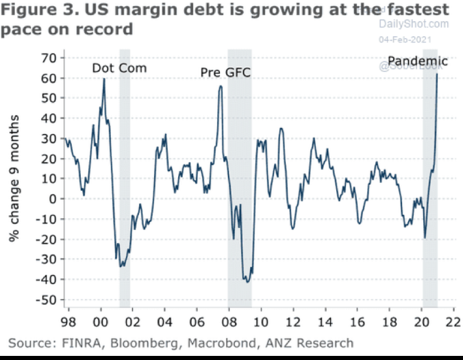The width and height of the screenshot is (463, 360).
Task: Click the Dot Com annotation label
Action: coord(120,68)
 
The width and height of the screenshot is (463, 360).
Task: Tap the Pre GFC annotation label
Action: coord(225,72)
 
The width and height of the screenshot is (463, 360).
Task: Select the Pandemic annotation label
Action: coord(418,62)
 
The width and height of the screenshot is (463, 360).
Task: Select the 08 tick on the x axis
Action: coord(229,320)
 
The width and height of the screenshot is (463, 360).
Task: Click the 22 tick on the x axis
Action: coord(453,320)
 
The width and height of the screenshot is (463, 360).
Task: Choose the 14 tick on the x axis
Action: coord(325,320)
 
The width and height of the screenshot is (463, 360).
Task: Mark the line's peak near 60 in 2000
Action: coord(104,79)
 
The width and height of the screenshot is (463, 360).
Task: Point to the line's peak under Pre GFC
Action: coord(221,86)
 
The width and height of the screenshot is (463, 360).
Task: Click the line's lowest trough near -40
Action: coord(247,281)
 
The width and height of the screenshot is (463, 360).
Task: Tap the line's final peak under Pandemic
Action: coord(437,74)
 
